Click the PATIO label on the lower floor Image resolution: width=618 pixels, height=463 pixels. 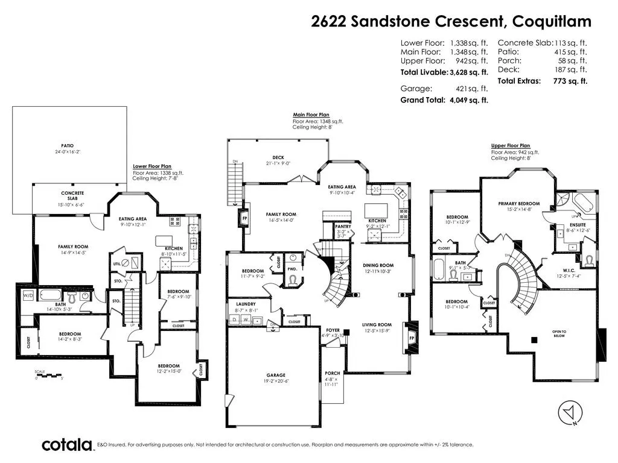[70, 145]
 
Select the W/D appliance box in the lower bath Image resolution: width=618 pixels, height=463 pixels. [28, 296]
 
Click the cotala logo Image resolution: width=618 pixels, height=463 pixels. [66, 445]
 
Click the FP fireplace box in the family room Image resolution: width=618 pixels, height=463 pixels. [245, 218]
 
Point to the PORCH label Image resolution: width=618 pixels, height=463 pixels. [333, 373]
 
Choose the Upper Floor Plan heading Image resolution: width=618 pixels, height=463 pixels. [510, 145]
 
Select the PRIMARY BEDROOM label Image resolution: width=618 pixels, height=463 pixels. [519, 204]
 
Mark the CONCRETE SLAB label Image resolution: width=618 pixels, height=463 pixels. [72, 196]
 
